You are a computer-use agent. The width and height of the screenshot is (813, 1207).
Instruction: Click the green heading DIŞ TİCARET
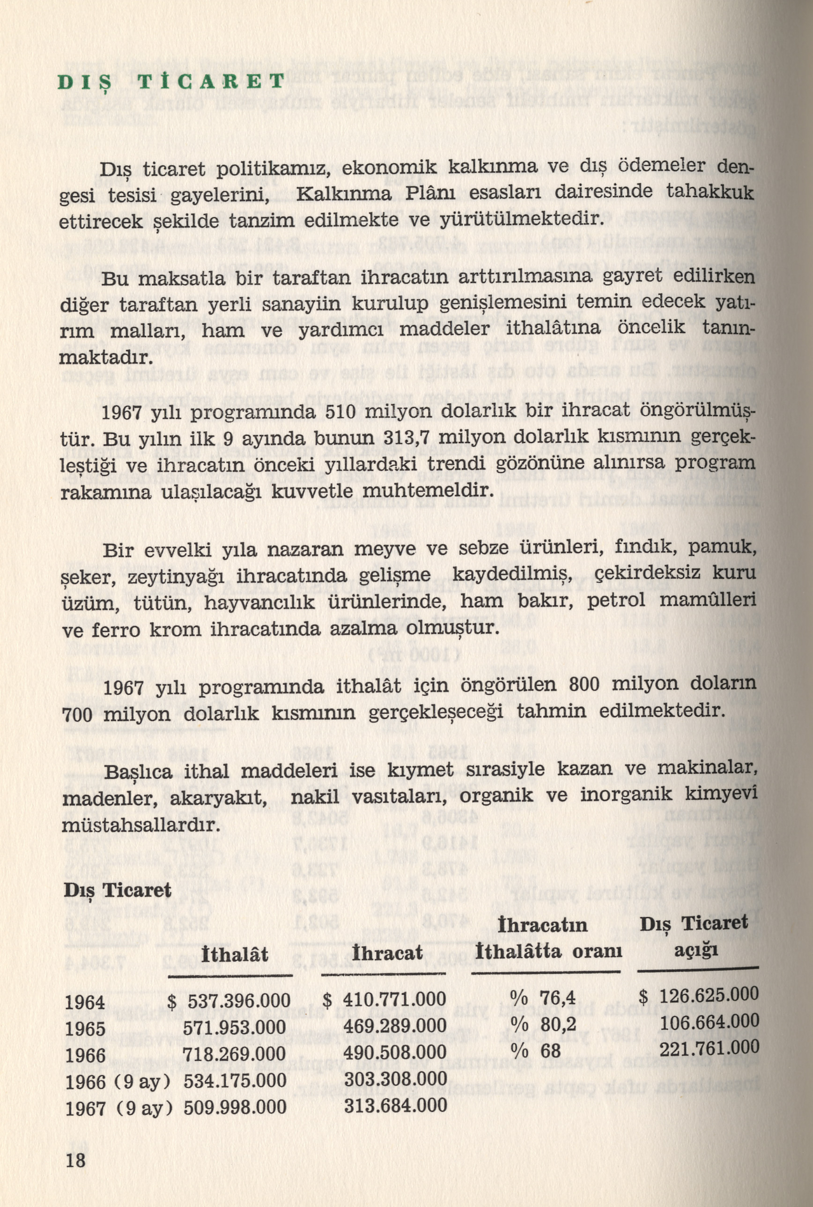171,82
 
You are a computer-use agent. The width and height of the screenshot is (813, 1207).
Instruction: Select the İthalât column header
236,954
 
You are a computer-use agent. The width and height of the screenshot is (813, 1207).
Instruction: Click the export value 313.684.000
396,1105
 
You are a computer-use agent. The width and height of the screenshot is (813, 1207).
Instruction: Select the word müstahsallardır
141,824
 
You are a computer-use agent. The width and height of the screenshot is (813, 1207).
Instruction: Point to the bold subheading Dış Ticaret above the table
117,890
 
